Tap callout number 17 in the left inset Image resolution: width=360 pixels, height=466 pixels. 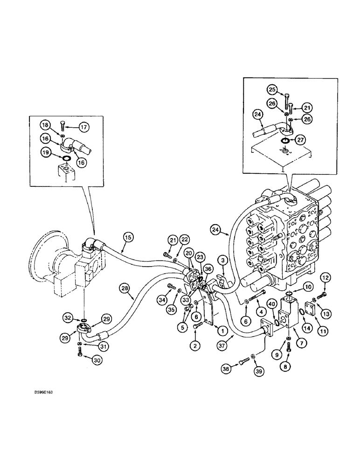coord(83,126)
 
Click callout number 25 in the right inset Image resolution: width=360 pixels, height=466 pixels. coord(271,89)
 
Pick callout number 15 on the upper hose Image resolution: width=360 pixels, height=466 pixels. coord(128,237)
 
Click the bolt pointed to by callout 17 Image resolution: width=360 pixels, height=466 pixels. coord(62,125)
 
